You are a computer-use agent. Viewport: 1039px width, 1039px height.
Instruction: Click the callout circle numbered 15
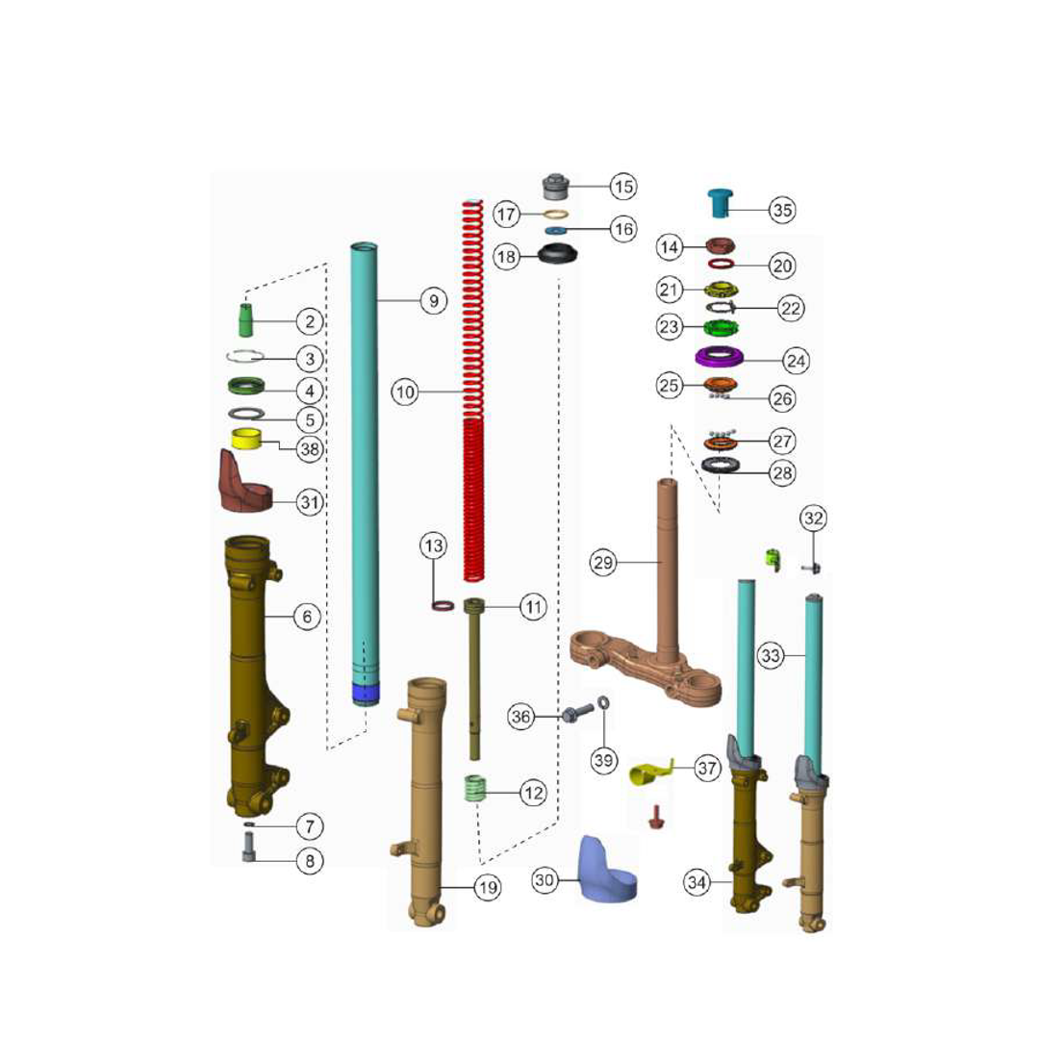[x=623, y=187]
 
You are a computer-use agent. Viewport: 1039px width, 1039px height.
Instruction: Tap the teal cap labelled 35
[x=721, y=203]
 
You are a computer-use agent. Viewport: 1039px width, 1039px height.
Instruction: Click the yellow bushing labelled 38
[x=246, y=440]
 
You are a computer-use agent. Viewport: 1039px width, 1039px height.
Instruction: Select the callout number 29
[x=603, y=563]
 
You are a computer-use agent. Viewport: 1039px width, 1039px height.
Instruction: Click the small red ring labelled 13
[x=443, y=606]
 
